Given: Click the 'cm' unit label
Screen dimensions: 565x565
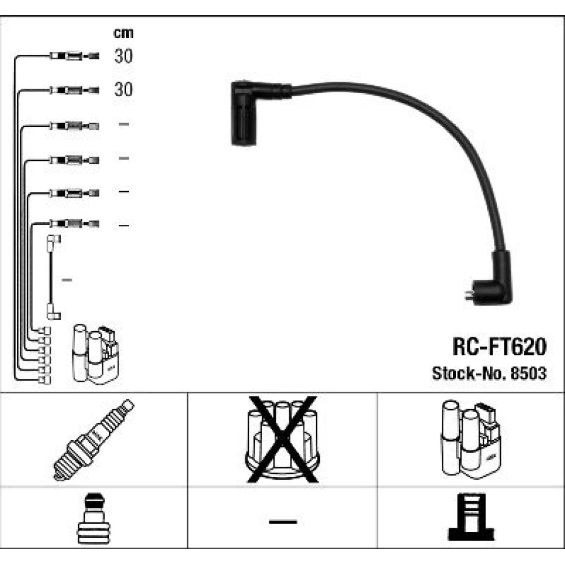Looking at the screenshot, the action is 123,33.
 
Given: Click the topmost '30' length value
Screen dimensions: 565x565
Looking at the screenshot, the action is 123,56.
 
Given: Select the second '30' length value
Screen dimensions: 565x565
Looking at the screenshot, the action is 123,89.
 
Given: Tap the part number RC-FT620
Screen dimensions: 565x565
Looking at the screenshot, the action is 499,346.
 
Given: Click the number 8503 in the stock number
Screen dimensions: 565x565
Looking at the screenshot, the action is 529,373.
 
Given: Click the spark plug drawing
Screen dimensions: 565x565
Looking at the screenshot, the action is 94,440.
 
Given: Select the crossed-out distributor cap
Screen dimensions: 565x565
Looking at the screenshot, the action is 282,440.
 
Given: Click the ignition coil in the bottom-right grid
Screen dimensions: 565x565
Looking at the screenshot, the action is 471,439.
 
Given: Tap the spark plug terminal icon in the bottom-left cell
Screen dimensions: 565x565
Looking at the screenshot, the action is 93,518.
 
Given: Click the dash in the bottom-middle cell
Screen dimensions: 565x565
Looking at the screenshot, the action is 283,521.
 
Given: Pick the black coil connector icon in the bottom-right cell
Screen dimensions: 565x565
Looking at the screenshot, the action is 471,517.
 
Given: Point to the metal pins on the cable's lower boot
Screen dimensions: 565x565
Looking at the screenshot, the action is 469,295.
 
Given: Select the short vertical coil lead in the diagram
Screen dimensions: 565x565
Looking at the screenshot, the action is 53,277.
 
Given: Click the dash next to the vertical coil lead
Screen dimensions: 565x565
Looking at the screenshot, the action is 67,280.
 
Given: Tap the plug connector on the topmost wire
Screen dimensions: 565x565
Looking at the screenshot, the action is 74,56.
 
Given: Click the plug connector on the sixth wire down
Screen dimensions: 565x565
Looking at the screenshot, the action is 74,224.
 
